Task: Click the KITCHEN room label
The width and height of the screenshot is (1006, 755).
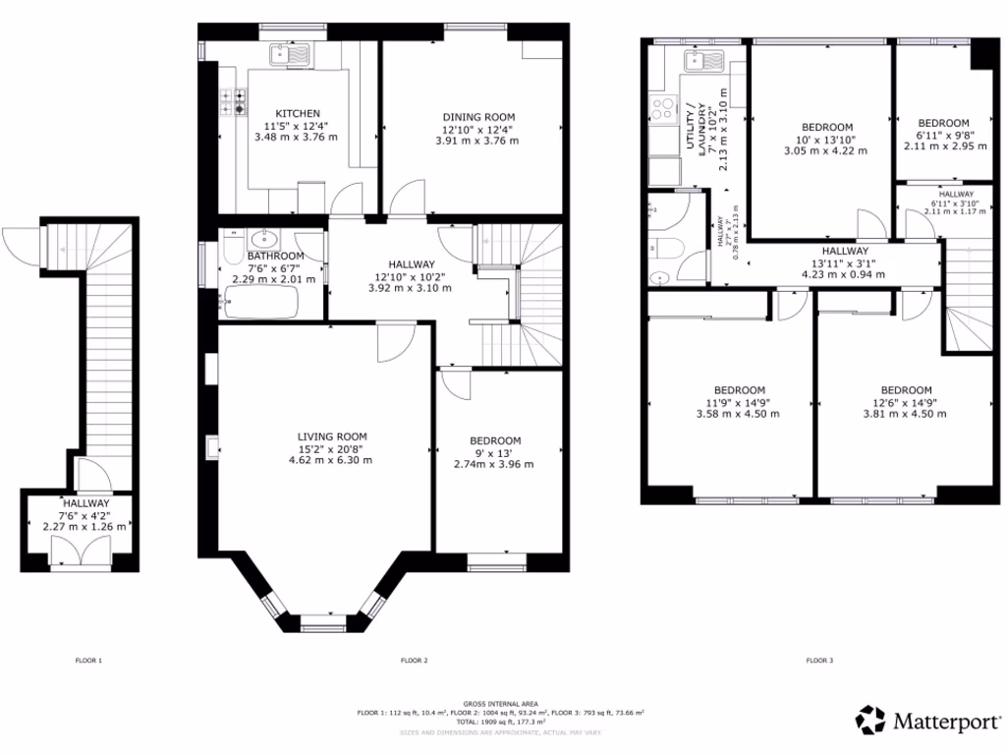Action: [297, 113]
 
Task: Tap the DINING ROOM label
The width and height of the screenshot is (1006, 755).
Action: [477, 117]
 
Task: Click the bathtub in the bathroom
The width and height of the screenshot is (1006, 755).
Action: [260, 304]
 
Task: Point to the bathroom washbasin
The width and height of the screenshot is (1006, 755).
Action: [264, 240]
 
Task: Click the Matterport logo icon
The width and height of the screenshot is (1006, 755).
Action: [871, 720]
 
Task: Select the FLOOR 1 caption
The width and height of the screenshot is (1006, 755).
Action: [88, 660]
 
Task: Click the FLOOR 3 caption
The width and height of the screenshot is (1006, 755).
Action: [818, 660]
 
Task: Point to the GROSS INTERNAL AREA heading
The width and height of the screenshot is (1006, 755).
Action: [501, 704]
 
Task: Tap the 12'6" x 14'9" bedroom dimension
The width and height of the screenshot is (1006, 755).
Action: [906, 402]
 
